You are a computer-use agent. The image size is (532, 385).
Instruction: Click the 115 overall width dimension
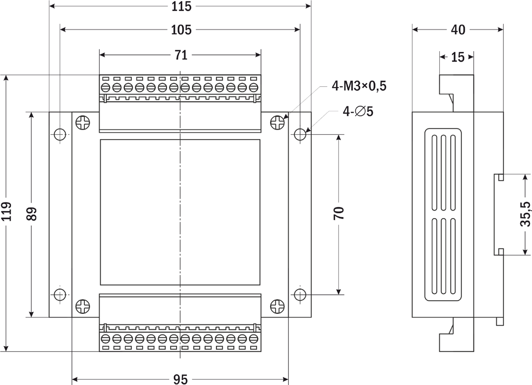coord(181,6)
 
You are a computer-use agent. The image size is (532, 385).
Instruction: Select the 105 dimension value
coord(181,30)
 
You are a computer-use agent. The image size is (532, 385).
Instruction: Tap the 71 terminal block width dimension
coord(181,55)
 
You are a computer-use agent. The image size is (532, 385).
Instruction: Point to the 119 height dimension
coord(6,211)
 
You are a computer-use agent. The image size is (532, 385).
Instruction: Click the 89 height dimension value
coord(32,214)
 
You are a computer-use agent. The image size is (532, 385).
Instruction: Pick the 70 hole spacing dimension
coord(339,213)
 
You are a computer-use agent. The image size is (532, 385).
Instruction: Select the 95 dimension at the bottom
coord(180,379)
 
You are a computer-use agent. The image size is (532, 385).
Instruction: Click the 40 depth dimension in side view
coord(458,30)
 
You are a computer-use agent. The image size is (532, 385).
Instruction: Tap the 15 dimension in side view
coord(458,57)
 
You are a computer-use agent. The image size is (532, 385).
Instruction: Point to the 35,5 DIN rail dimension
coord(525,214)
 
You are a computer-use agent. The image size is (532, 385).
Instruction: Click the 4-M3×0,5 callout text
coord(359,86)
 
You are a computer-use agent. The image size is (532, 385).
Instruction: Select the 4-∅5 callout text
coord(358,111)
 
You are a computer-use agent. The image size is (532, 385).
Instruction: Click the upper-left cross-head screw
coord(83,123)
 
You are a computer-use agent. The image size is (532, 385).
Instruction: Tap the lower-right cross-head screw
coord(278,307)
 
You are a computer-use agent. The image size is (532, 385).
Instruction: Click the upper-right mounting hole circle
coord(300,134)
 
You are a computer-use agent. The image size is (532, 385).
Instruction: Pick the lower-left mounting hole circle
coord(60,294)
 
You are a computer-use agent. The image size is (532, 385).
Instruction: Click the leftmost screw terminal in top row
coord(105,87)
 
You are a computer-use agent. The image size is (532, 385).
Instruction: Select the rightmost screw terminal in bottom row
coord(253,338)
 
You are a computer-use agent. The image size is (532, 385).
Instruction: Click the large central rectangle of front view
coord(180,212)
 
